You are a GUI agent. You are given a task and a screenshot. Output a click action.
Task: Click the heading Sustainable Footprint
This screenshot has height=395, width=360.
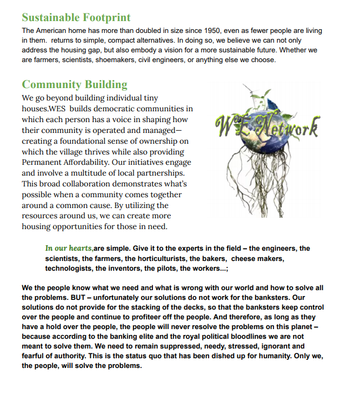[x=76, y=18]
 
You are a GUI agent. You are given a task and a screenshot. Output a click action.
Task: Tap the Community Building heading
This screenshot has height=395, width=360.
[x=75, y=85]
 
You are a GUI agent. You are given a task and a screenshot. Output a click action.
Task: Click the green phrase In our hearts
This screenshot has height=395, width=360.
[x=69, y=249]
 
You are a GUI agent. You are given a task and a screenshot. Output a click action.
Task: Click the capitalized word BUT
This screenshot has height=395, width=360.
[x=79, y=297]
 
